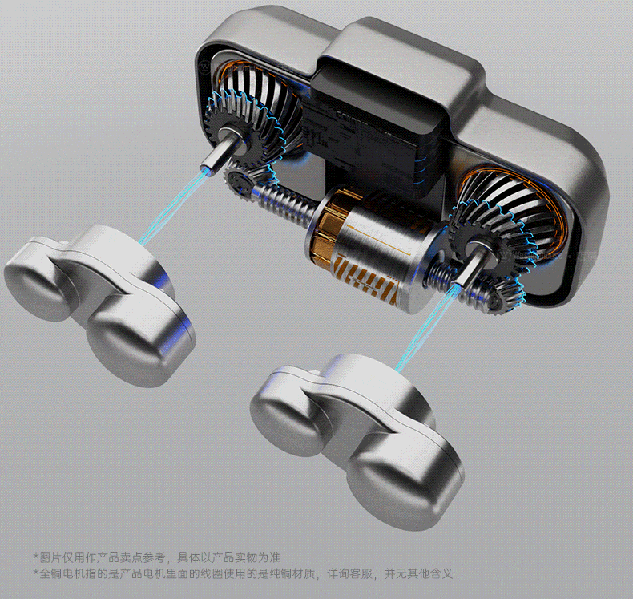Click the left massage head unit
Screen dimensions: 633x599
(x=101, y=299)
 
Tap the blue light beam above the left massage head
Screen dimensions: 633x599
(x=175, y=206)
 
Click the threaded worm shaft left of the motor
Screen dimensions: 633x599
(x=283, y=200)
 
